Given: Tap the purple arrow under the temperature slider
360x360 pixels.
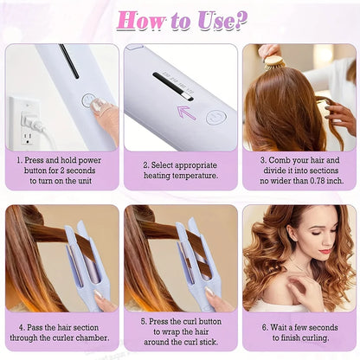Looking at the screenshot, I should (x=186, y=111).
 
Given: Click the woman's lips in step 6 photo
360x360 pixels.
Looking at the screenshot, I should (x=325, y=252).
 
